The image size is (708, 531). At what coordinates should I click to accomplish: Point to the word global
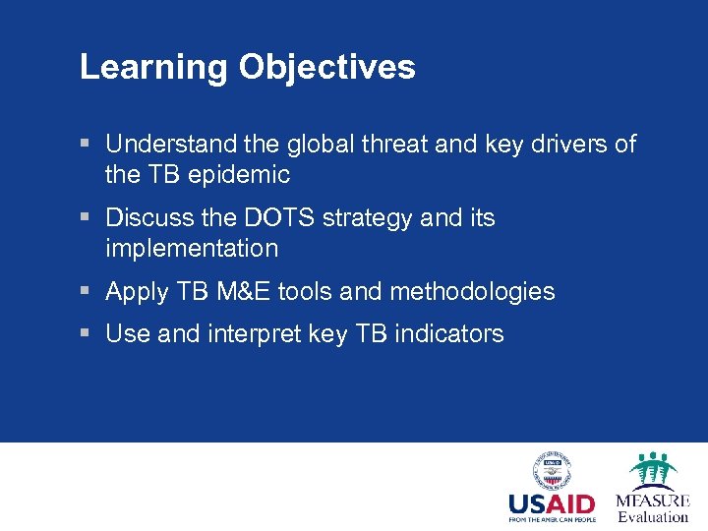click(x=326, y=145)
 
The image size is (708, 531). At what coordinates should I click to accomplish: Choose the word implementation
click(x=192, y=249)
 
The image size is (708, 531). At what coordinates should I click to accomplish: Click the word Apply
click(x=137, y=292)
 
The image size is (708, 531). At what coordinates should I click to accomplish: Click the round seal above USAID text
click(x=552, y=470)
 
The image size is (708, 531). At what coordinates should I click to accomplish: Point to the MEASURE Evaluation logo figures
click(x=652, y=470)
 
